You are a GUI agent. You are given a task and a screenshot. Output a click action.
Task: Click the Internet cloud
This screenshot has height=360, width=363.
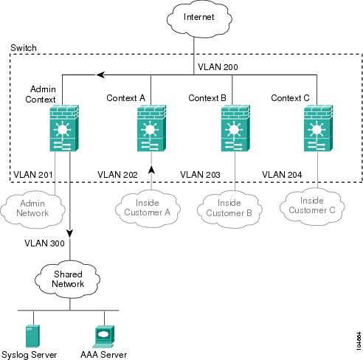pos(199,19)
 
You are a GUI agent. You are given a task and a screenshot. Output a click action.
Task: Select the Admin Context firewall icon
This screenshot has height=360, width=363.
pos(64,128)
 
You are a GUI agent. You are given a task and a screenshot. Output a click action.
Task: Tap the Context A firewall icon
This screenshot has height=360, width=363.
pos(151,128)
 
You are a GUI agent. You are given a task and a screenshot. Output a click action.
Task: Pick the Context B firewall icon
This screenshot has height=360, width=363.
pos(235,128)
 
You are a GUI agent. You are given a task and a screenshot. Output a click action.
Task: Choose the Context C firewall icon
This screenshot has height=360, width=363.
pos(319,128)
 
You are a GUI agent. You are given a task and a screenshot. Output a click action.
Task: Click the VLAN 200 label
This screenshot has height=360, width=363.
pos(218,67)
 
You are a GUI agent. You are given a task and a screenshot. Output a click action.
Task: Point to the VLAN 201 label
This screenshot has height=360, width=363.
pos(33,175)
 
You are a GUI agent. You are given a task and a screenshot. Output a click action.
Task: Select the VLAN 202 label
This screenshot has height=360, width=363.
pos(117,175)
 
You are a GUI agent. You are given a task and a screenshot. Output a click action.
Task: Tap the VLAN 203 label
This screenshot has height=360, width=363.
pos(200,175)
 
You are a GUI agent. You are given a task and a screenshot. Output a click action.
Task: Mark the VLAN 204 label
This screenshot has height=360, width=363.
pos(282,175)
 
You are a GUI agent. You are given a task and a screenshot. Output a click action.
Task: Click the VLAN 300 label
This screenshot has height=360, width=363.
pos(44,243)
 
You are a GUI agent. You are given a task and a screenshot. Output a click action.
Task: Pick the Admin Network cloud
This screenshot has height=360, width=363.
pos(32,209)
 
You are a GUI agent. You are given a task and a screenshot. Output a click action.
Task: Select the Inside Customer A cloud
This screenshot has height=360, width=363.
pos(148,209)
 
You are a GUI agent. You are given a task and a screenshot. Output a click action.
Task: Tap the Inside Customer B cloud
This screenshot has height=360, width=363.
pos(229,209)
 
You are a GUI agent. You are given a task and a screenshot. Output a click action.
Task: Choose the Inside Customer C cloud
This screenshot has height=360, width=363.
pos(312,207)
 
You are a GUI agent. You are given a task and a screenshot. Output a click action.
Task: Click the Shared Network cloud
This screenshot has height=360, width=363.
pos(68,280)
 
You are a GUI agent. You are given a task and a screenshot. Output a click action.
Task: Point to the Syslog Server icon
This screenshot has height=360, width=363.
pos(32,336)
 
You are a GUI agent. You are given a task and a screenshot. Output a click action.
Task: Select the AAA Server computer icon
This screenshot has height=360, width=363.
pos(105,336)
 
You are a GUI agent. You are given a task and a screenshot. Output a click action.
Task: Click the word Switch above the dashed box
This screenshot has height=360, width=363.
pos(24,48)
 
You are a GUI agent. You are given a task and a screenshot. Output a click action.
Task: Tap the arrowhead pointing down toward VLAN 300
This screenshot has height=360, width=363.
pos(70,234)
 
